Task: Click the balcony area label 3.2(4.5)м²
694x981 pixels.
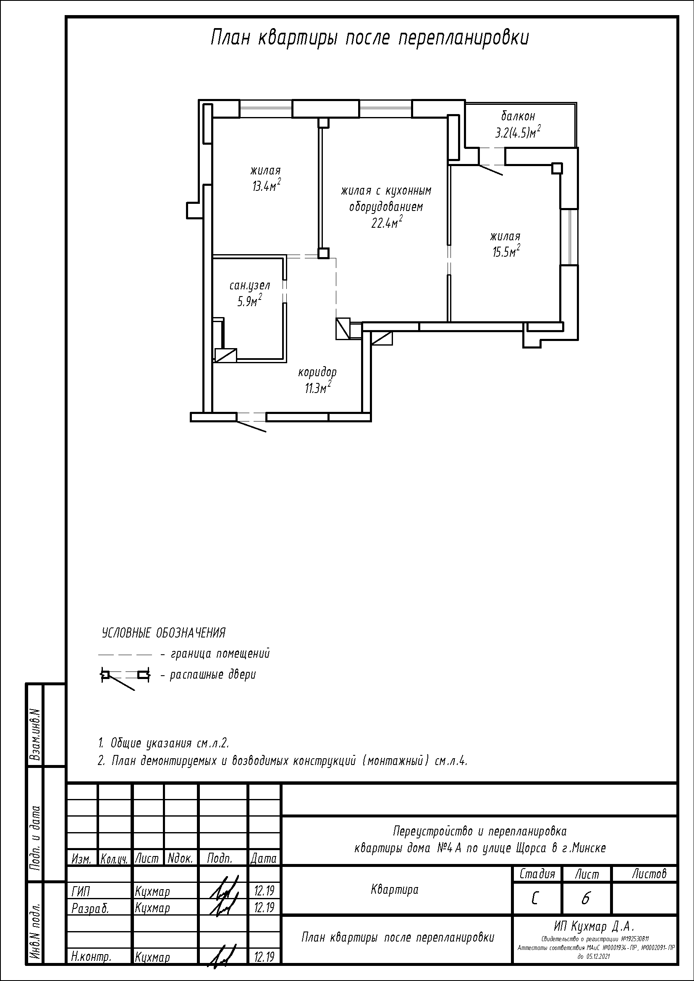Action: coord(517,132)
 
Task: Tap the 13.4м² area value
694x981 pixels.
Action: coord(267,185)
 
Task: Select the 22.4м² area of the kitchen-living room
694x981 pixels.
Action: coord(387,223)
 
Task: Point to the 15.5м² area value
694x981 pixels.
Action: coord(506,252)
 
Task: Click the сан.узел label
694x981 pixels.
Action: coord(250,286)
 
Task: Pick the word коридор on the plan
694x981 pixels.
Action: coord(317,372)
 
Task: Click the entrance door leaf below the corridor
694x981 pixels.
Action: coord(251,427)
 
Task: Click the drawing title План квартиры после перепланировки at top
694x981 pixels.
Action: coord(370,39)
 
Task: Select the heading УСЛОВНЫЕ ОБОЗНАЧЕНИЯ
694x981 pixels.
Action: coord(163,633)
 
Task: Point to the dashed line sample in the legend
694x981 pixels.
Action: coord(125,654)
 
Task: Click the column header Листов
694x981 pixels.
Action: coord(649,874)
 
